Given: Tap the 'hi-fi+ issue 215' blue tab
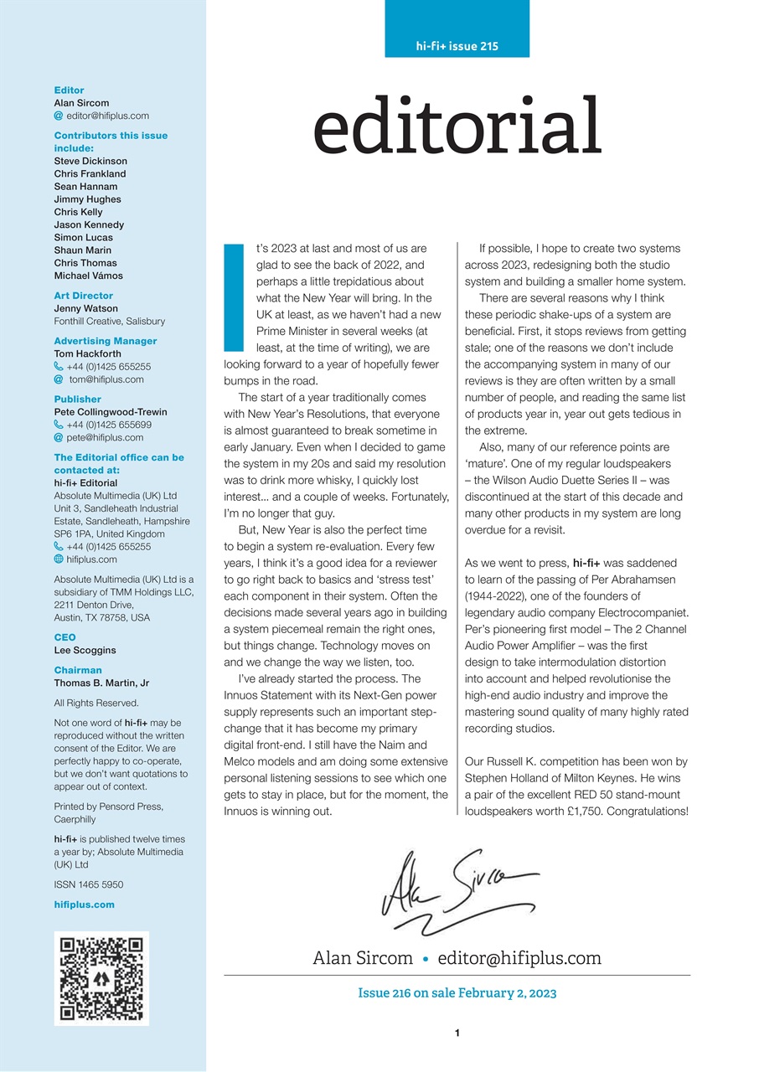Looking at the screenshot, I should coord(457,46).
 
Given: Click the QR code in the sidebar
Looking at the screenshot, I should coord(101,977).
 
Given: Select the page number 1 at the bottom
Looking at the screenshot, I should coord(457,1033).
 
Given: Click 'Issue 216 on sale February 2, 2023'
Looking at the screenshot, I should coord(457,993).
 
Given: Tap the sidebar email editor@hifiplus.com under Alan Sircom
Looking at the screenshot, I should coord(107,116).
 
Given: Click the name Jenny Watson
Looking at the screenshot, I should coord(85,308).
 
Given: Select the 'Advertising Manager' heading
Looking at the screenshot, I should coord(106,341).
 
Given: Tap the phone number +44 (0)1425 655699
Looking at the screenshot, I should coord(108,425).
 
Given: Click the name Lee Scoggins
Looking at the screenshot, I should coord(85,650).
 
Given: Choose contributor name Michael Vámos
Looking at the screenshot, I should coord(88,276).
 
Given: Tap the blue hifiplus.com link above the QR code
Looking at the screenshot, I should coord(84,904).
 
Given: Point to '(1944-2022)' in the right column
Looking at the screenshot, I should coord(497,580).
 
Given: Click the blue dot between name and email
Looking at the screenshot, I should coord(426,958).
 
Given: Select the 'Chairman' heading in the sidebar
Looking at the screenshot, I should coord(78,670).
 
